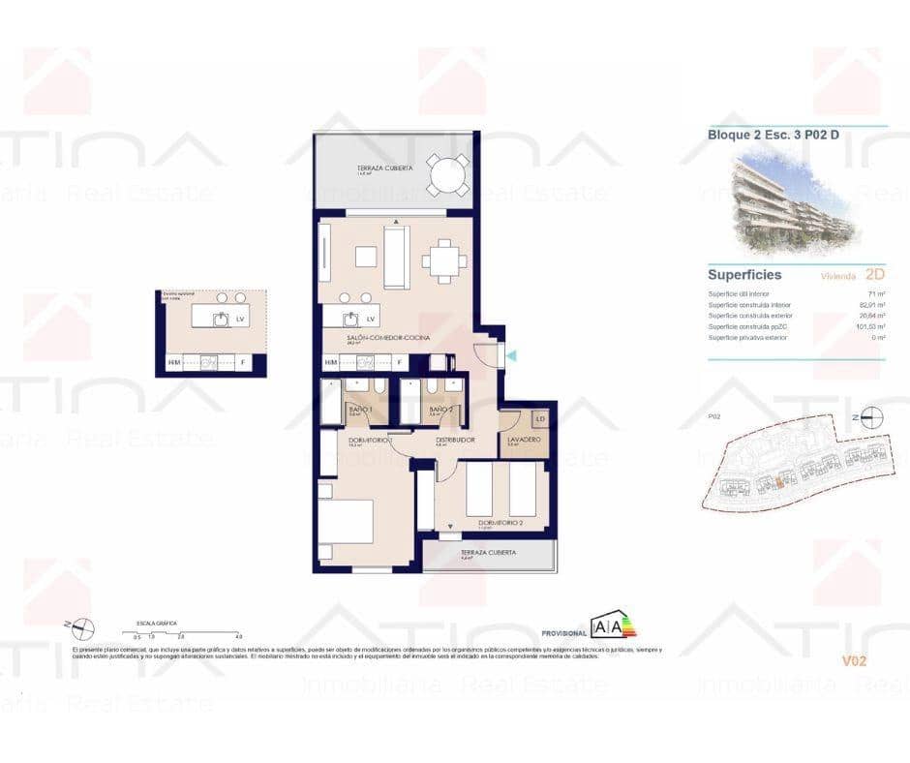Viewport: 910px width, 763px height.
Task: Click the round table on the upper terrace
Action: click(x=447, y=176)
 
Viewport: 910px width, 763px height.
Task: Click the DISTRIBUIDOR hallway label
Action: click(x=454, y=440)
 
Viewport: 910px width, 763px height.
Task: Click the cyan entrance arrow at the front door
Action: click(x=511, y=355)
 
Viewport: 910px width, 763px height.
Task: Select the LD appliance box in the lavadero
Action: click(x=541, y=419)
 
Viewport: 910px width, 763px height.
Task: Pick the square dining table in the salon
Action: click(x=443, y=260)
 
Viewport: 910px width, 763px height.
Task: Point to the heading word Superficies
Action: click(x=744, y=275)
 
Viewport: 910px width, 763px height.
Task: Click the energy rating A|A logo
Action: click(x=615, y=625)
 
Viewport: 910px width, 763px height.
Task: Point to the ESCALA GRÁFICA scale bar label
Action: click(x=157, y=624)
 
